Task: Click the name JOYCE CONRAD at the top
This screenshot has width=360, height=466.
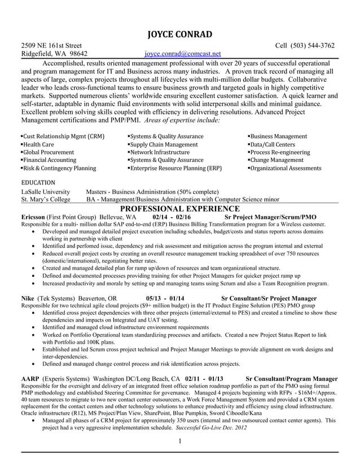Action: point(179,33)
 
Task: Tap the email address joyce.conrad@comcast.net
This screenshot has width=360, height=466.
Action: point(182,54)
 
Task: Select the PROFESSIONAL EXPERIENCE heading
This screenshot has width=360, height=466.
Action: point(179,209)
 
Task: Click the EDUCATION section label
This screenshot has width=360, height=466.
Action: point(38,183)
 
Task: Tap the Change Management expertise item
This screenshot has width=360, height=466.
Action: point(277,160)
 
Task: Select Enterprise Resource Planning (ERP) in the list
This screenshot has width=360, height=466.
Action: point(175,168)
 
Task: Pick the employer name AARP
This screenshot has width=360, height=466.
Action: point(30,379)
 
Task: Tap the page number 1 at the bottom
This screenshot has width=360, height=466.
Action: point(179,441)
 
